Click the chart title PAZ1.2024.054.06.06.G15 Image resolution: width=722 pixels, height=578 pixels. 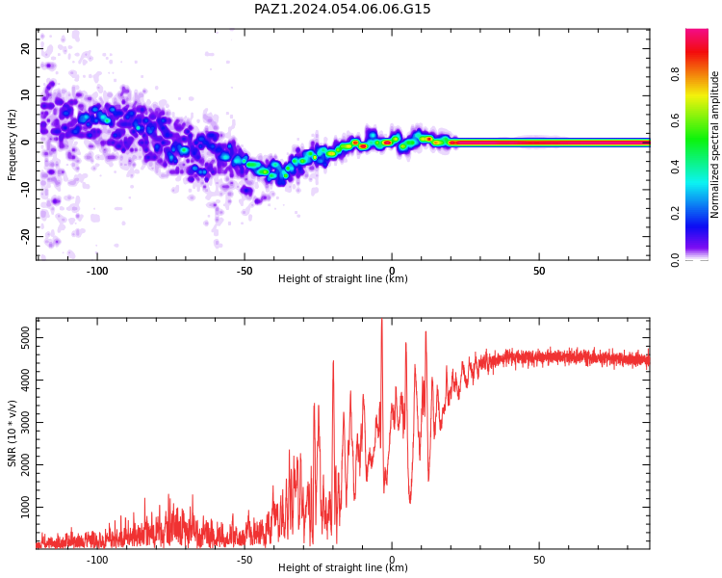click(342, 9)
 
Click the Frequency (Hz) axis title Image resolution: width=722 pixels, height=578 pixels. click(12, 144)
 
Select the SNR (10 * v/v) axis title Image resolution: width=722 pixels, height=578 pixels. click(12, 433)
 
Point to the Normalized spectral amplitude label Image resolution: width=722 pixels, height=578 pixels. click(714, 144)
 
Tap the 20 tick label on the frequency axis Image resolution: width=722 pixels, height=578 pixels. click(25, 48)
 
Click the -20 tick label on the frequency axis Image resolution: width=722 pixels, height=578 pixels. click(25, 236)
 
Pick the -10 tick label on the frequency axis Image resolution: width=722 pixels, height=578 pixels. click(25, 190)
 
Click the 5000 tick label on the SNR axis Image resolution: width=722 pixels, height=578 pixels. click(25, 338)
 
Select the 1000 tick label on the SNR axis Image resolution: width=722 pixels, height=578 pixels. click(25, 507)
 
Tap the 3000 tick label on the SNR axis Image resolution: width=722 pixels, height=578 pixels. click(25, 422)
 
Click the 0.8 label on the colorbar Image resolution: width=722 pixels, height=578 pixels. click(675, 74)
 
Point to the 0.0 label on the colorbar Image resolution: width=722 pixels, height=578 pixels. click(675, 260)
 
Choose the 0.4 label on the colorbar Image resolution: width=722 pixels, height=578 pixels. click(675, 167)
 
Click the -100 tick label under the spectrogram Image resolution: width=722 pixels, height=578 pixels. click(96, 271)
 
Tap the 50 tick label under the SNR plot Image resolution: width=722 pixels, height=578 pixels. click(539, 560)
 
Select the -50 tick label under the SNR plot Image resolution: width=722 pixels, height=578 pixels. click(245, 560)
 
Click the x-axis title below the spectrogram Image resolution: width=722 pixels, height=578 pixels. click(343, 278)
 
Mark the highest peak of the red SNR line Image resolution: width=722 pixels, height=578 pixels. click(382, 320)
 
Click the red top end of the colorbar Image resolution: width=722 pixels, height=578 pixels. click(697, 31)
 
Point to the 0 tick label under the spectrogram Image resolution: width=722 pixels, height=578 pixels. click(392, 271)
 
